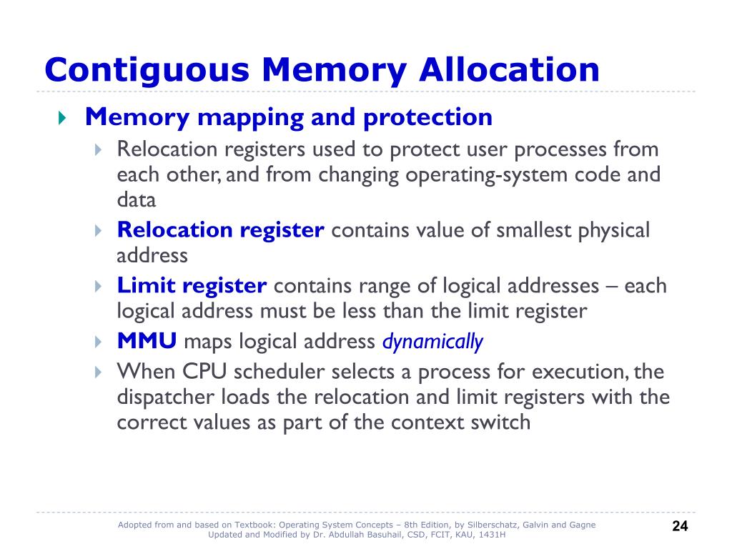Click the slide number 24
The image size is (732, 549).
coord(680,527)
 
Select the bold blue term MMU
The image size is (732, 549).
coord(147,342)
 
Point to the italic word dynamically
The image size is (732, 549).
coord(432,342)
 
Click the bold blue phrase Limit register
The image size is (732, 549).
coord(192,286)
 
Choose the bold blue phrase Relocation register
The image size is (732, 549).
coord(221,230)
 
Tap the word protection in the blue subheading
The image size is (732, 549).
coord(427,117)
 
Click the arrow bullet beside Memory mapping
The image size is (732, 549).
coord(61,117)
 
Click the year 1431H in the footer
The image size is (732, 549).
coord(493,535)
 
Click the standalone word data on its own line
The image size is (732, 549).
coord(137,200)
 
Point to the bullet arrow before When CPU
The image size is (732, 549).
coord(99,372)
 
